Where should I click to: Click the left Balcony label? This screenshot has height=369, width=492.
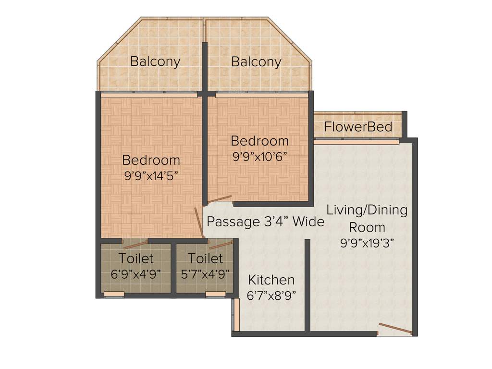pyautogui.click(x=155, y=61)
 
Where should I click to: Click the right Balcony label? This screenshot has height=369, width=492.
pyautogui.click(x=256, y=61)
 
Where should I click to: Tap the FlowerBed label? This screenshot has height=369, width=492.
pyautogui.click(x=358, y=127)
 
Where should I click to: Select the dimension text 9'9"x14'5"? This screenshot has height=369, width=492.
pyautogui.click(x=151, y=175)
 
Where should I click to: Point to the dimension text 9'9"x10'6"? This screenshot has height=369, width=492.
pyautogui.click(x=259, y=157)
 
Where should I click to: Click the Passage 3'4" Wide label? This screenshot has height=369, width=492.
pyautogui.click(x=265, y=222)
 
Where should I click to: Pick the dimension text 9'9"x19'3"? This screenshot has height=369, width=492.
pyautogui.click(x=367, y=243)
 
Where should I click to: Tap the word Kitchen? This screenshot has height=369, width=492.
pyautogui.click(x=271, y=280)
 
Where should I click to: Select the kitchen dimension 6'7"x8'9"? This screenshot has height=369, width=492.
pyautogui.click(x=271, y=295)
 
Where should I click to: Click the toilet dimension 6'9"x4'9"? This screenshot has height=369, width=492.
pyautogui.click(x=136, y=274)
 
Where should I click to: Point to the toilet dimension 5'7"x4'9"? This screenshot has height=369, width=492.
pyautogui.click(x=205, y=274)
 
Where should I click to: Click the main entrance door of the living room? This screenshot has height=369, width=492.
pyautogui.click(x=395, y=329)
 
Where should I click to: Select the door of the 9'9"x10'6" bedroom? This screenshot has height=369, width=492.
pyautogui.click(x=219, y=199)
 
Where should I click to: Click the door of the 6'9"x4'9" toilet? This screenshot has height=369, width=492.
pyautogui.click(x=135, y=244)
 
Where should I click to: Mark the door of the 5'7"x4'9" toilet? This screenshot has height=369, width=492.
pyautogui.click(x=221, y=245)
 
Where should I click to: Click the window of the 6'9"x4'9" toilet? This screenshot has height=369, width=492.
pyautogui.click(x=114, y=294)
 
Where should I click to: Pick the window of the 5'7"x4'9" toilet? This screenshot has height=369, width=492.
pyautogui.click(x=215, y=294)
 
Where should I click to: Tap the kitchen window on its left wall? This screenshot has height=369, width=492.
pyautogui.click(x=236, y=315)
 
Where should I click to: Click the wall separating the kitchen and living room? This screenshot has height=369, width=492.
pyautogui.click(x=307, y=286)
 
